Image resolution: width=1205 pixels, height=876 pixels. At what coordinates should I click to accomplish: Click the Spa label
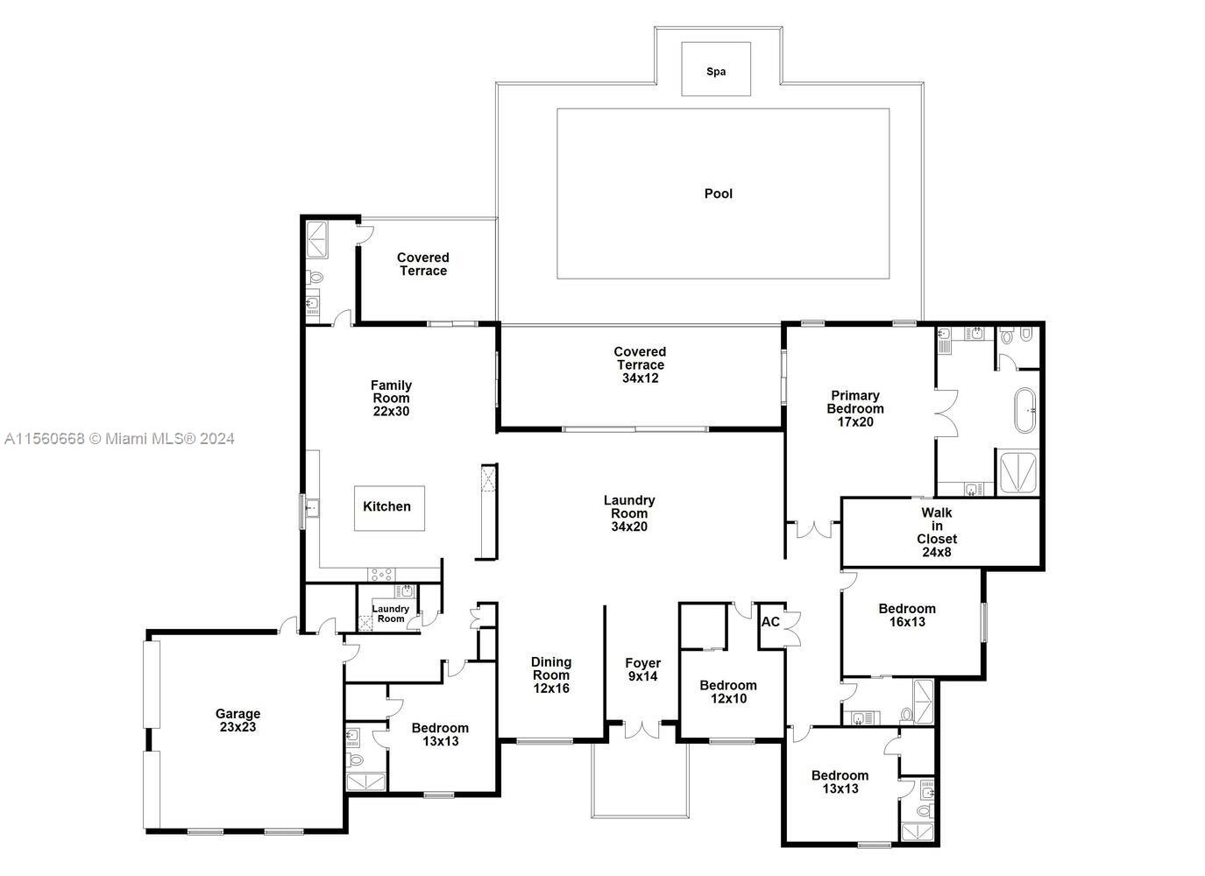[x=716, y=72]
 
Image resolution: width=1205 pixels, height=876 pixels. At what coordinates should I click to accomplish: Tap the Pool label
[x=718, y=194]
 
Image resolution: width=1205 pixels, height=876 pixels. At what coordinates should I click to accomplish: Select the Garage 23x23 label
[x=238, y=720]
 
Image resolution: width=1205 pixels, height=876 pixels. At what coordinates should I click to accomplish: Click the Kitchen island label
[x=386, y=506]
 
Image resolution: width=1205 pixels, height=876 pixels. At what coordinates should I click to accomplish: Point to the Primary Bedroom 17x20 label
[x=854, y=408]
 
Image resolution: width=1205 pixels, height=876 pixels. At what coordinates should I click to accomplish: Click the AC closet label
[x=770, y=622]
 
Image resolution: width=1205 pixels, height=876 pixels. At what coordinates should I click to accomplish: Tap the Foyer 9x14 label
[x=642, y=670]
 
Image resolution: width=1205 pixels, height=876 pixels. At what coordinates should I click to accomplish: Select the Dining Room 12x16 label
[x=551, y=675]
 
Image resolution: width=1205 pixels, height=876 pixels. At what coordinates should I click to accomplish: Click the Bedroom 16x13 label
[x=907, y=615]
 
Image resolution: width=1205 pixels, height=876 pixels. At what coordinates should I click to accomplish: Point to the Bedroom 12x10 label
[x=727, y=692]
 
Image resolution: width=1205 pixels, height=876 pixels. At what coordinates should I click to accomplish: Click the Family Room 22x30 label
[x=391, y=398]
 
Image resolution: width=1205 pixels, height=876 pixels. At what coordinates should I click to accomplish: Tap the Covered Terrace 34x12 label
[x=640, y=364]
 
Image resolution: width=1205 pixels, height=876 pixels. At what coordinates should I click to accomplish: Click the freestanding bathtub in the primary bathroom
[x=1024, y=411]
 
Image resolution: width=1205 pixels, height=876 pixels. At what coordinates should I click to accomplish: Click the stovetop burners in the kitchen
[x=381, y=574]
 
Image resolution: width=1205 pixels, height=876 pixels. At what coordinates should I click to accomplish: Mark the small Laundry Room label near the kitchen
[x=390, y=613]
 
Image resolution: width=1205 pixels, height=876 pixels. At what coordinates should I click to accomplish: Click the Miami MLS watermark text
[x=119, y=439]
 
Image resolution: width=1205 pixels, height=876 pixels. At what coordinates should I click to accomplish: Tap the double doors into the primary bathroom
[x=943, y=412]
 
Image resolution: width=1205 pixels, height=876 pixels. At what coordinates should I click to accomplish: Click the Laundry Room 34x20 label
[x=629, y=513]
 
